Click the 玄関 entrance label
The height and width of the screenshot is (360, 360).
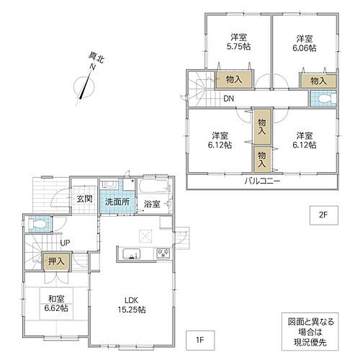click(x=84, y=199)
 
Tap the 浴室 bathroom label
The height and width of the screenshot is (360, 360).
click(x=151, y=204)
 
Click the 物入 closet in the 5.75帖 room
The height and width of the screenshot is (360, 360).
click(x=233, y=81)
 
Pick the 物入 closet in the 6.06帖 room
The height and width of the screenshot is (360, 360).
click(x=318, y=81)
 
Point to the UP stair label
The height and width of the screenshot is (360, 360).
click(x=65, y=243)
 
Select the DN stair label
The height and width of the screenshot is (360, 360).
click(x=228, y=99)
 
